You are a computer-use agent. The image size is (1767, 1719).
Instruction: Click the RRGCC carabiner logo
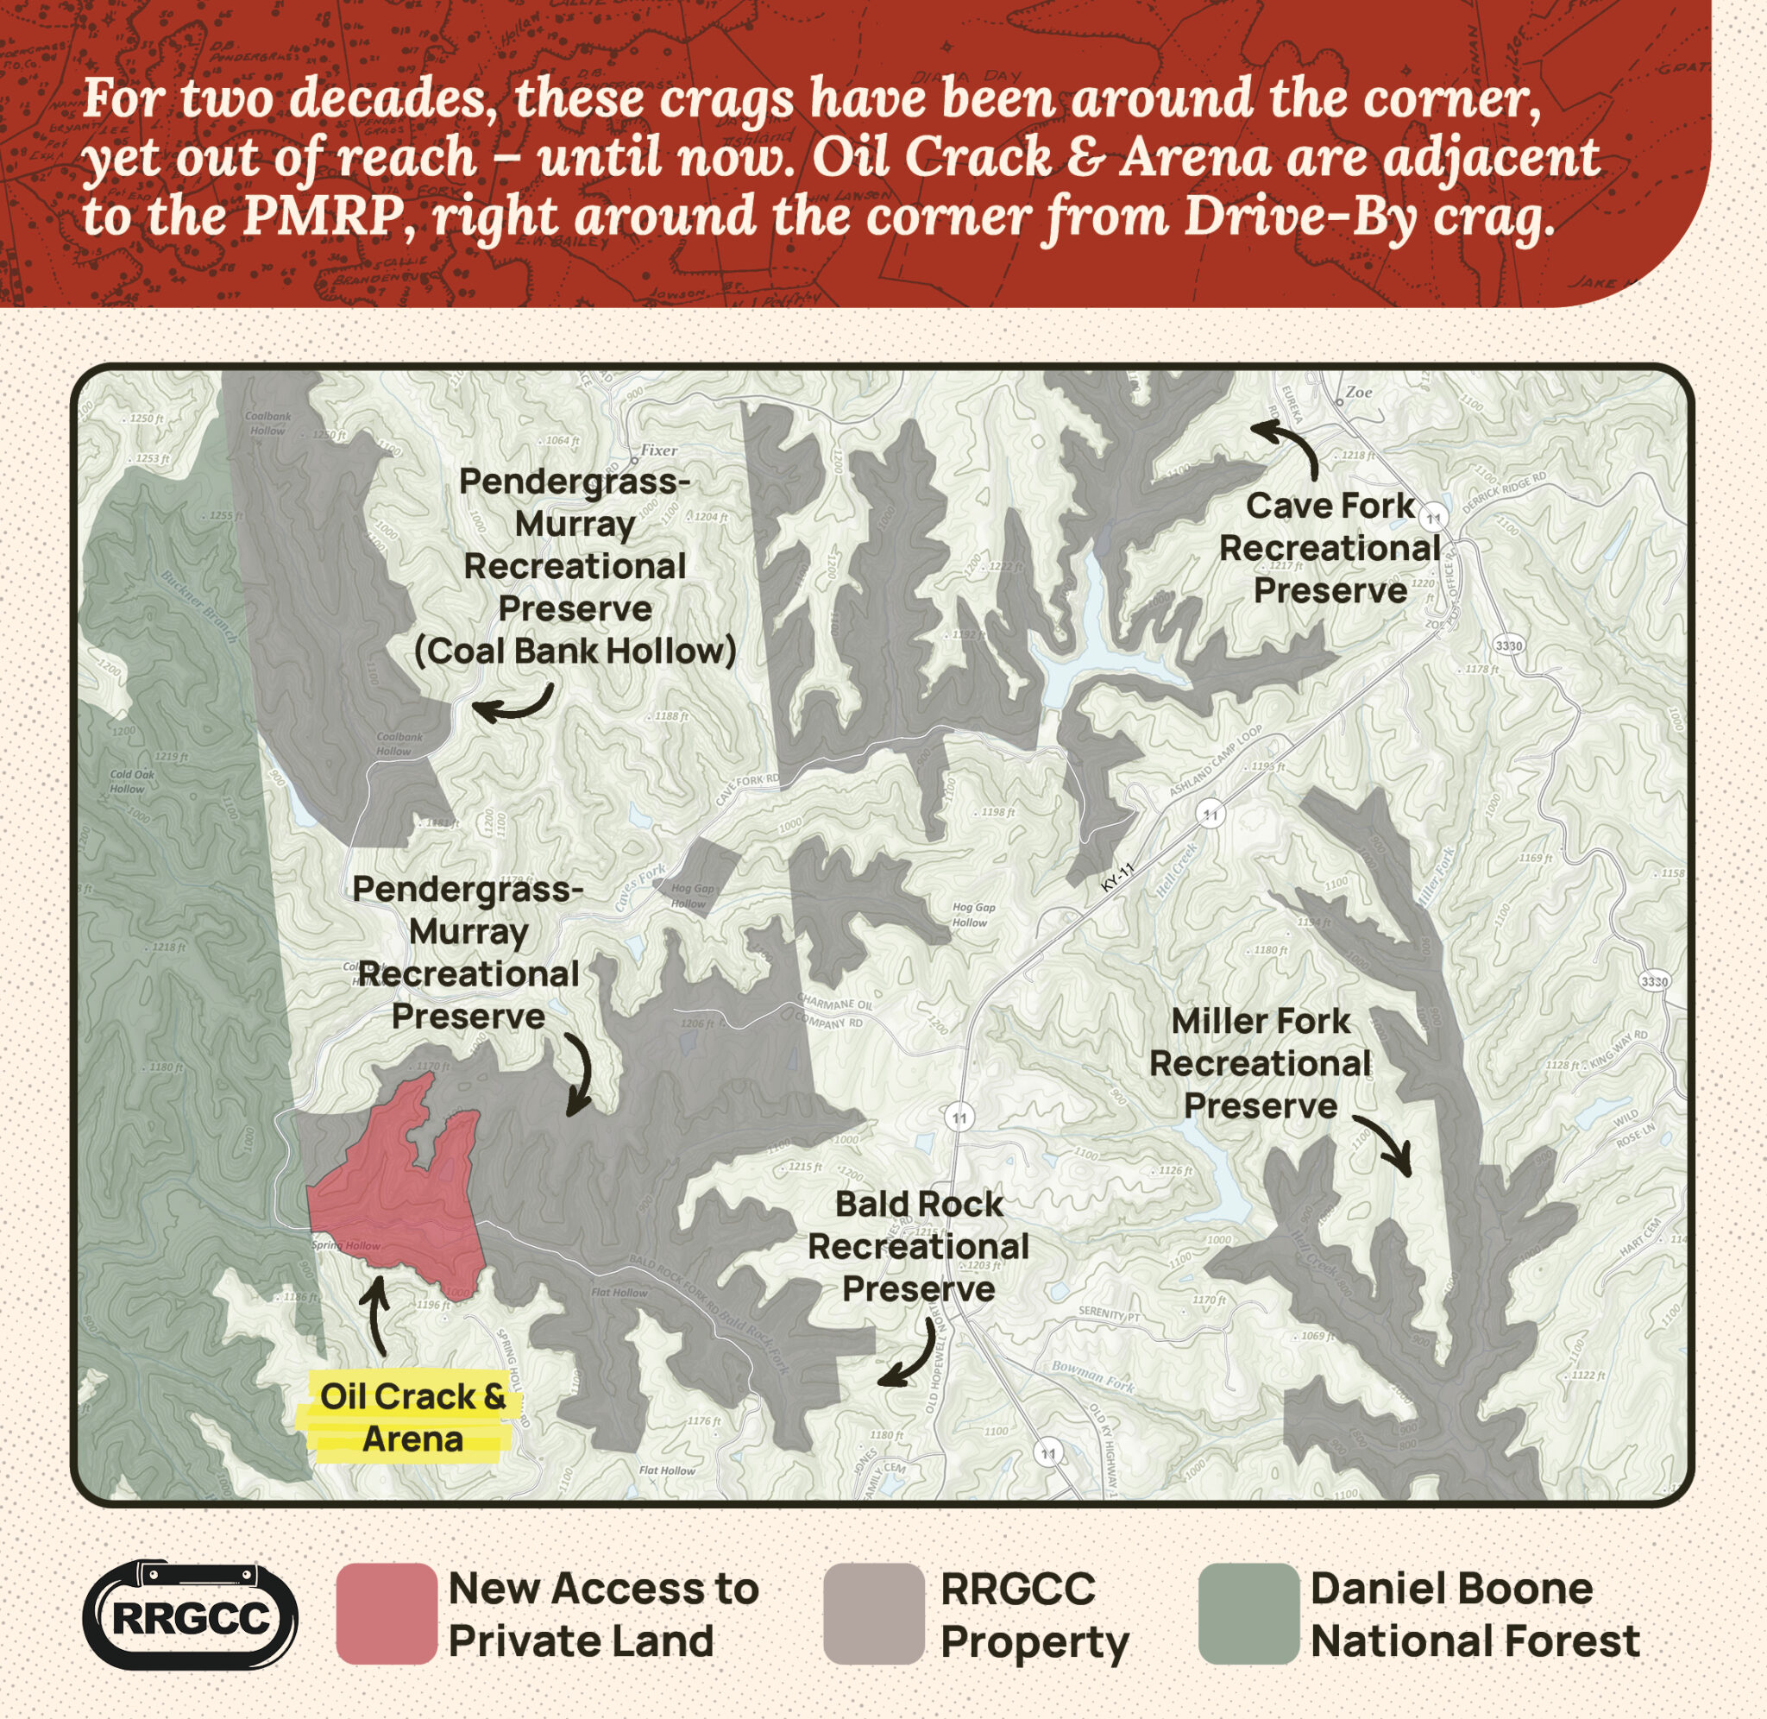pos(191,1615)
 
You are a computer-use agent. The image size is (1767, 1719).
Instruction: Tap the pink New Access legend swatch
pos(387,1615)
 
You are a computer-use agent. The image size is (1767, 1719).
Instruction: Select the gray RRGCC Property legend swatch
pos(873,1615)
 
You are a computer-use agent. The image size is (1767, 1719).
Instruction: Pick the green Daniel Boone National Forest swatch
pos(1249,1615)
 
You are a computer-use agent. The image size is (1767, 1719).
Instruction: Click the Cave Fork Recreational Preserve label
pos(1330,548)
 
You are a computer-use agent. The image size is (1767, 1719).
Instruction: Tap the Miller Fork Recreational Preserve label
pos(1260,1063)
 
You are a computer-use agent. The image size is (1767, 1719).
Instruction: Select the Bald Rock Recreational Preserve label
pos(918,1246)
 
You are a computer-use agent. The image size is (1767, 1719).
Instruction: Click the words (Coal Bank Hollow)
pos(575,651)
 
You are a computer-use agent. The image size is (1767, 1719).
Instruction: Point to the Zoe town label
pos(1358,392)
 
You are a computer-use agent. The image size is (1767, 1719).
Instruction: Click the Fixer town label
pos(658,450)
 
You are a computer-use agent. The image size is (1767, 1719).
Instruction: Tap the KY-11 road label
pos(1117,878)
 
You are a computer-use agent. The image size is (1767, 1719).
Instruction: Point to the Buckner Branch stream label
pos(198,606)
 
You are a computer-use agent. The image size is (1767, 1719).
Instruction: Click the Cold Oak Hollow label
pos(132,781)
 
